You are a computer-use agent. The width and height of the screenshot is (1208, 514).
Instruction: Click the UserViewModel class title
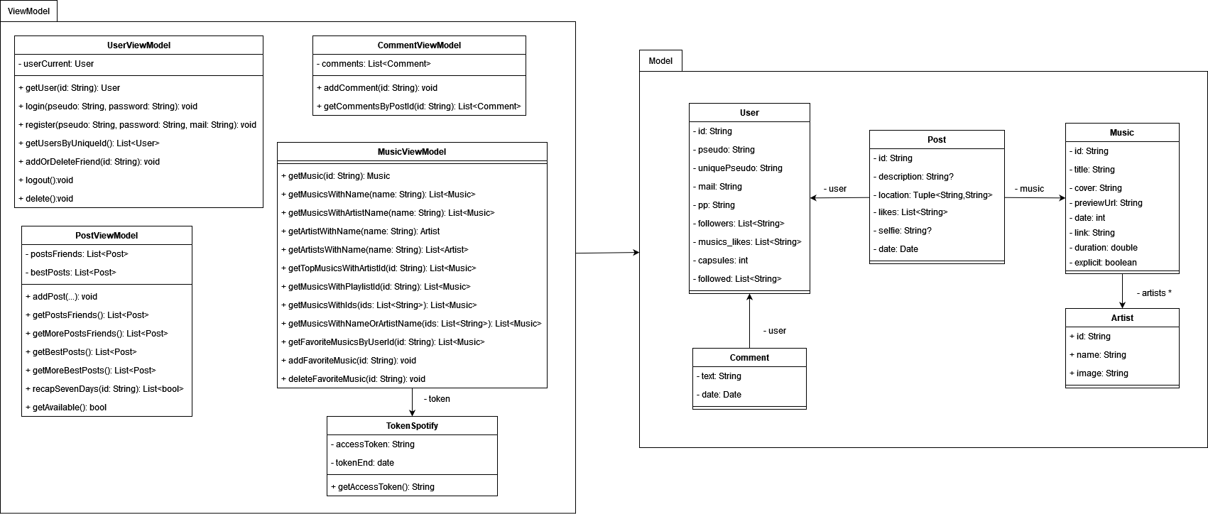(x=138, y=45)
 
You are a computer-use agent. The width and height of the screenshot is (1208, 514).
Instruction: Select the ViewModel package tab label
(x=28, y=11)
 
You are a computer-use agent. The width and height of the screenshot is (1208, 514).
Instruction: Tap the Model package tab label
(x=660, y=61)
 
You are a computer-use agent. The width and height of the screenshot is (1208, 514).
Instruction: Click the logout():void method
(x=46, y=180)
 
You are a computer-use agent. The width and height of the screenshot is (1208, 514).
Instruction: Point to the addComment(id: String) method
(x=377, y=88)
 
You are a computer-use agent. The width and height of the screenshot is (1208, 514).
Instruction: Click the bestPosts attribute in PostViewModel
(x=70, y=273)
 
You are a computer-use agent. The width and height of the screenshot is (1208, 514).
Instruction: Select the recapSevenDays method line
(x=104, y=389)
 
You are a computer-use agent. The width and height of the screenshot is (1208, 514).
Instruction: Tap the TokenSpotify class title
(x=412, y=426)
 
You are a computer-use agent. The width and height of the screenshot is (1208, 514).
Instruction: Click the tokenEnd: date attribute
(x=362, y=463)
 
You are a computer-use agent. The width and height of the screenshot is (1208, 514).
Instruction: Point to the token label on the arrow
(x=437, y=399)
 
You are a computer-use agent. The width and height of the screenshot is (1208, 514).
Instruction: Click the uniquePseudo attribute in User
(x=738, y=168)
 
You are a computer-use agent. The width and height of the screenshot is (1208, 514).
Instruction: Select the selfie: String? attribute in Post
(x=902, y=231)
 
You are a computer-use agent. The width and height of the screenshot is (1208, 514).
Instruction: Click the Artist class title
(x=1122, y=318)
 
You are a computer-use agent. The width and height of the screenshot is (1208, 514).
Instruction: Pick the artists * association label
(x=1154, y=293)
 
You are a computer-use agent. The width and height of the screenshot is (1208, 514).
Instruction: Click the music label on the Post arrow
(x=1030, y=189)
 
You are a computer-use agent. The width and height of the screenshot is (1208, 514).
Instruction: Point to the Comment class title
(x=749, y=358)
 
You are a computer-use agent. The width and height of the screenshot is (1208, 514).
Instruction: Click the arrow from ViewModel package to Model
(x=607, y=253)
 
